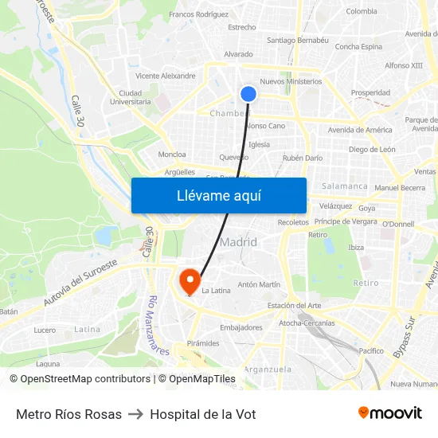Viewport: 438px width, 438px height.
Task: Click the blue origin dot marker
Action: click(x=248, y=94)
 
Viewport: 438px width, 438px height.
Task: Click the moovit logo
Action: click(x=390, y=413)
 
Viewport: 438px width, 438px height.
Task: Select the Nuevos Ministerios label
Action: click(x=291, y=81)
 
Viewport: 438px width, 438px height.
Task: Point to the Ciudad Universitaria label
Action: click(x=130, y=97)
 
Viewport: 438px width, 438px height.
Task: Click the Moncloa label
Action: click(x=172, y=154)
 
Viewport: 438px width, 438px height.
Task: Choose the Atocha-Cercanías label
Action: click(x=307, y=323)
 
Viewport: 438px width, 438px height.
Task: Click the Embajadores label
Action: click(x=241, y=327)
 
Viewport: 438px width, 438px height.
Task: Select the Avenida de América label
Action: click(x=360, y=130)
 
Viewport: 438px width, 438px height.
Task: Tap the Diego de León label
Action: click(x=372, y=149)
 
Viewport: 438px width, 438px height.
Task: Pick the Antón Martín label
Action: click(x=259, y=284)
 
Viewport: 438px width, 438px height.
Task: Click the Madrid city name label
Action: click(x=238, y=242)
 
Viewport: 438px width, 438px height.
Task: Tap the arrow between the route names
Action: click(x=136, y=414)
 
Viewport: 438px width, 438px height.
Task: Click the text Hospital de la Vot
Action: click(x=202, y=414)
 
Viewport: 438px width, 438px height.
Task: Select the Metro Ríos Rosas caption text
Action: click(x=69, y=414)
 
